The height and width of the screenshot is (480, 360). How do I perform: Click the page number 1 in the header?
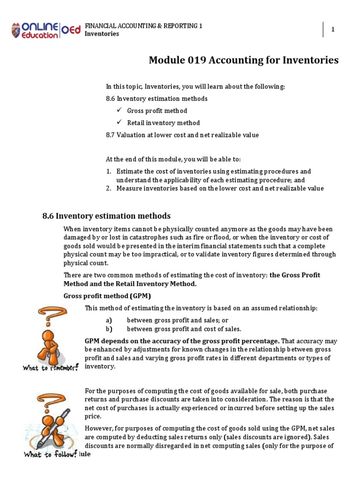(333, 30)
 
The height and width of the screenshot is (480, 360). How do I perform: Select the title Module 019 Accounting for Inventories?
(243, 60)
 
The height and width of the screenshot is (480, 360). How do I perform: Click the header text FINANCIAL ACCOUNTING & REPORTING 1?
(143, 26)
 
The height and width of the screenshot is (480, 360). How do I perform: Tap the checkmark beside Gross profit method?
(120, 110)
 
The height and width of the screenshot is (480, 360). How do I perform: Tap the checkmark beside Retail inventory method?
(120, 122)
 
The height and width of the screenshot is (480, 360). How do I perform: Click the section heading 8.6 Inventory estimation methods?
(106, 216)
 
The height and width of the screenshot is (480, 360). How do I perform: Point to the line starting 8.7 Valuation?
(182, 135)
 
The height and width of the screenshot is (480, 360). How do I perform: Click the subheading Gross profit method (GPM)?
(107, 296)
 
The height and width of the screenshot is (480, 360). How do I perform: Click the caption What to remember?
(50, 367)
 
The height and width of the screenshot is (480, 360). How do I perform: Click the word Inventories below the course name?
(102, 34)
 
